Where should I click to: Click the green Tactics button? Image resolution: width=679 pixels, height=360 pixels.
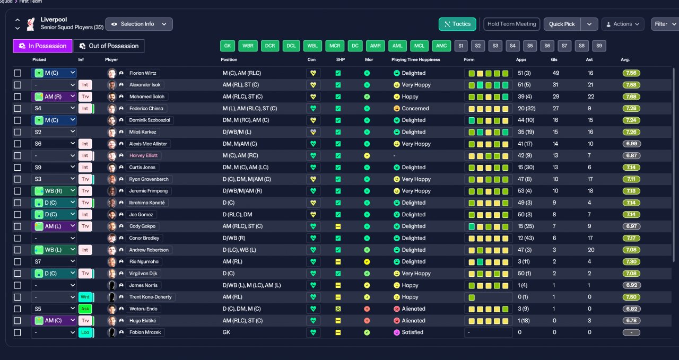(457, 24)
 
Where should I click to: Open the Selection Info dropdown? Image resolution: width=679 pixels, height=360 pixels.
(139, 24)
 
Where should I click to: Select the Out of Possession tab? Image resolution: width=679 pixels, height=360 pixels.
(109, 46)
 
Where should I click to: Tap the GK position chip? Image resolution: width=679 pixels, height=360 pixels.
(228, 46)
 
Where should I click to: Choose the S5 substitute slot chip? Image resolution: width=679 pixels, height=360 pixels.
(530, 46)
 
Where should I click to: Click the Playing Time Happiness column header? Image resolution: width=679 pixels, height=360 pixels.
(415, 60)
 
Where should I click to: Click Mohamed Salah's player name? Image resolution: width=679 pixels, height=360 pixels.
(147, 96)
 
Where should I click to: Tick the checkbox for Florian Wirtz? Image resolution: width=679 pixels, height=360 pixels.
(18, 73)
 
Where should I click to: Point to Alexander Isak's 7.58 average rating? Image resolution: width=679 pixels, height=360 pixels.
(631, 85)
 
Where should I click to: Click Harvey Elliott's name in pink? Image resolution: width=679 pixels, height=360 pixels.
(143, 155)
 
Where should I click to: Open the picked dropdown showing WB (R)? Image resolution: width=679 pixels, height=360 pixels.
(54, 191)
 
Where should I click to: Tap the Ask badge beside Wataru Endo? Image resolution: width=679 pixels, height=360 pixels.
(85, 309)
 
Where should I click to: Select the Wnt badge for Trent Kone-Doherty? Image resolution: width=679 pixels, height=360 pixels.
(85, 297)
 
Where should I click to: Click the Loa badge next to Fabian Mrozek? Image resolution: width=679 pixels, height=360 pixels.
(85, 332)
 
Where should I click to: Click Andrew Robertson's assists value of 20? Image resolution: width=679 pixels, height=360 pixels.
(591, 250)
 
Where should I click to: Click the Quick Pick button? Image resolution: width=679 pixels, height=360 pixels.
(562, 24)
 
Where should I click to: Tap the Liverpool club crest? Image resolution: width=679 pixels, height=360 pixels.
(30, 24)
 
